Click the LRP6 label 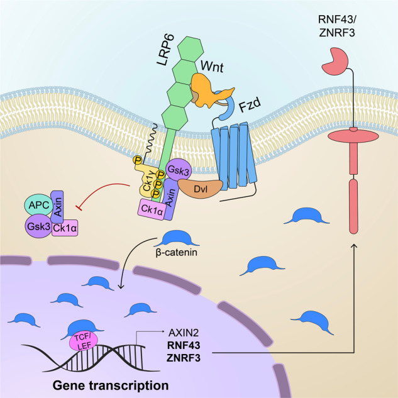click(x=166, y=57)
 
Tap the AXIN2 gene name click(x=184, y=331)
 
